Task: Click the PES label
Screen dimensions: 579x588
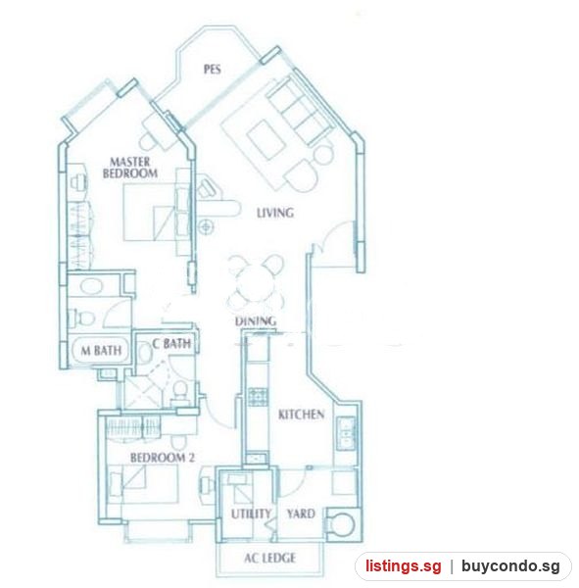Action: (212, 70)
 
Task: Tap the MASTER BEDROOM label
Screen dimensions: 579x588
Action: (130, 168)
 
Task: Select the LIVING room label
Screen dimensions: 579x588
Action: (275, 213)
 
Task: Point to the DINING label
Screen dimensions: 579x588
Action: (256, 321)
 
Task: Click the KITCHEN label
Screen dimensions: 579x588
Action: (301, 415)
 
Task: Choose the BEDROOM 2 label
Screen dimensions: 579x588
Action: (163, 458)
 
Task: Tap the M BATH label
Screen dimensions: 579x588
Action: (101, 351)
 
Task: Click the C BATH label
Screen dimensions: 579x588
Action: (171, 344)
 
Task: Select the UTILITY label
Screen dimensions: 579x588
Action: (251, 514)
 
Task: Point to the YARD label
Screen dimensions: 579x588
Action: (301, 514)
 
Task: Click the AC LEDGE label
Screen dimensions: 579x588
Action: (269, 558)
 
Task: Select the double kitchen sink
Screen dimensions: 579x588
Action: (346, 433)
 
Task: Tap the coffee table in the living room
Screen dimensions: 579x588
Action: (264, 139)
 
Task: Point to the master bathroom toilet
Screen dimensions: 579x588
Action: (81, 318)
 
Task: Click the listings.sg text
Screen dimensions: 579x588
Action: (404, 565)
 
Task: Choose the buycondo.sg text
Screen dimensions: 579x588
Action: (510, 566)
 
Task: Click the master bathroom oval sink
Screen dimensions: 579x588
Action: (91, 287)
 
